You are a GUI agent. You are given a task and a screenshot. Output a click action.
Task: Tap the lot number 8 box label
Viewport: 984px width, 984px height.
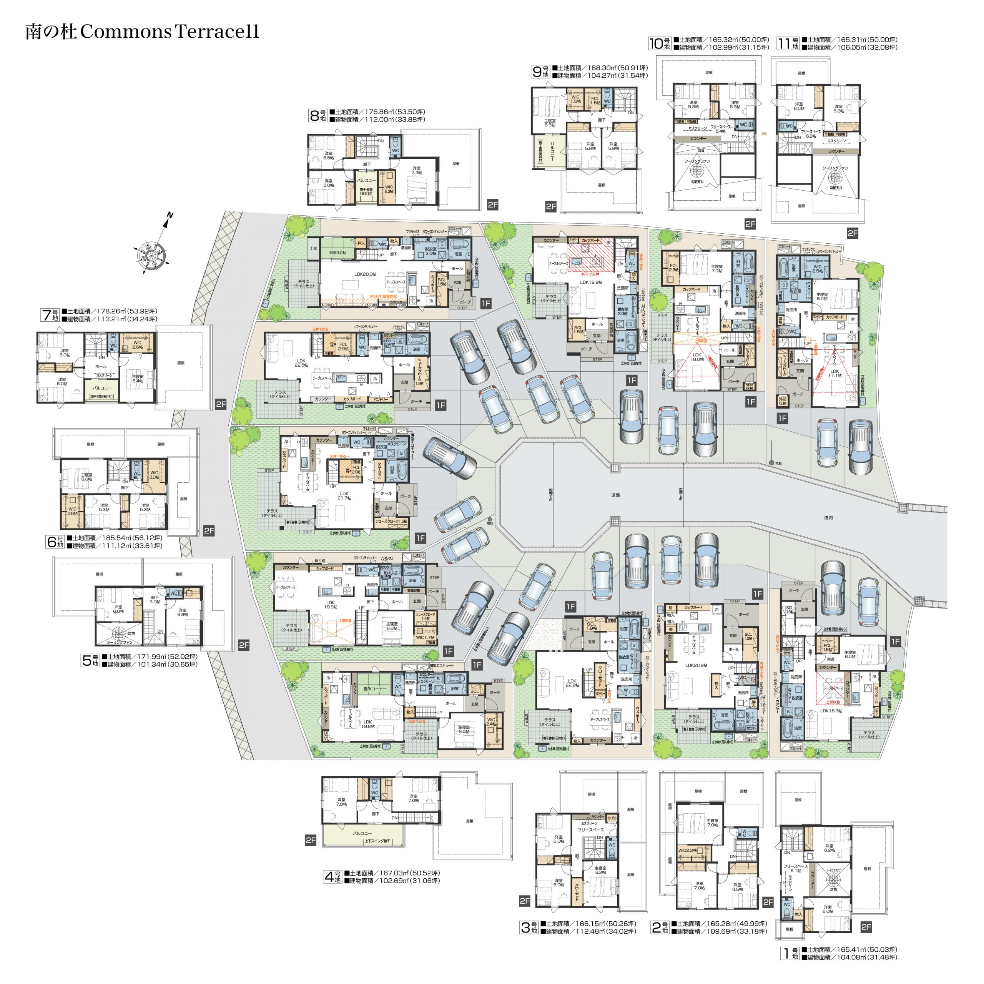(318, 116)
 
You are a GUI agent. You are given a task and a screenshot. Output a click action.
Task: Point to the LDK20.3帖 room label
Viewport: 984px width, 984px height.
(365, 274)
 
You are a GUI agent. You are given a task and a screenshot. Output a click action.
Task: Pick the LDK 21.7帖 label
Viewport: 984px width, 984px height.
(344, 495)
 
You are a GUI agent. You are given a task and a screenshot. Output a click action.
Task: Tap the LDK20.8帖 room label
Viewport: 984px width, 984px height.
(696, 665)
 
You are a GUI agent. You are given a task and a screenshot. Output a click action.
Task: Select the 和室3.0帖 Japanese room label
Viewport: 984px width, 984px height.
(337, 252)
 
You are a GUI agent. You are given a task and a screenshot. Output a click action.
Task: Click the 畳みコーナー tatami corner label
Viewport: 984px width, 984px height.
(376, 688)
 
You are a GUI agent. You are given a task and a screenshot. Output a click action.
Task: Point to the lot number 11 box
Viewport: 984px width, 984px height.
(788, 44)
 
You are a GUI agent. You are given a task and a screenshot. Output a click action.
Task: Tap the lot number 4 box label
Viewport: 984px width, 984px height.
(332, 876)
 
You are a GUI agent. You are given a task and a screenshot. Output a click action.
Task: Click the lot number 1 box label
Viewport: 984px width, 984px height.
(790, 953)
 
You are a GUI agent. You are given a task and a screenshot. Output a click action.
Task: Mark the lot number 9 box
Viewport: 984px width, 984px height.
(540, 72)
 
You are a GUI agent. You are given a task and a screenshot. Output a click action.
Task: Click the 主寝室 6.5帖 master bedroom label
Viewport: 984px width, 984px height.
(550, 123)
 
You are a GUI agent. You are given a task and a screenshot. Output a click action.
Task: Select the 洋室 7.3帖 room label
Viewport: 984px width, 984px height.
(417, 170)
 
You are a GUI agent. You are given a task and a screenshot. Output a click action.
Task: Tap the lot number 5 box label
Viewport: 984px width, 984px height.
(90, 661)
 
